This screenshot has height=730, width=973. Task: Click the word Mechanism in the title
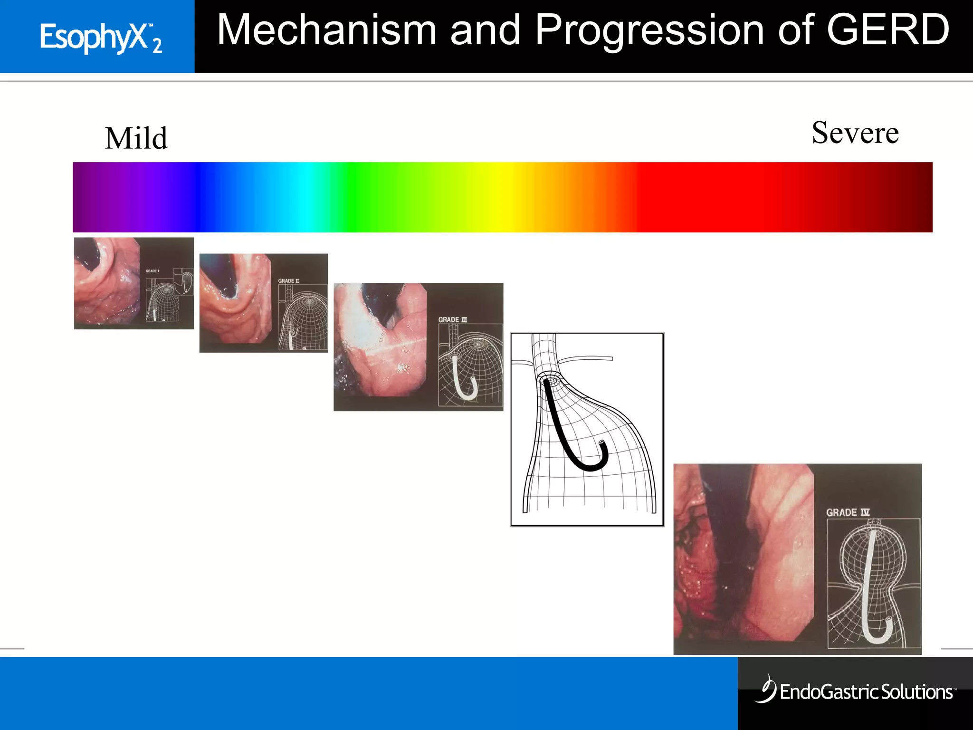coord(327,30)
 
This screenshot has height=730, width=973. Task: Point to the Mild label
coord(136,138)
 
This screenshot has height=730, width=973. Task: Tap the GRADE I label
coord(152,271)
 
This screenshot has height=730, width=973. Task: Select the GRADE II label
coord(288,281)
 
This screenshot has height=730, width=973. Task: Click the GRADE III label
coord(452,320)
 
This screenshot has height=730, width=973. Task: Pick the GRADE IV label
coord(848,512)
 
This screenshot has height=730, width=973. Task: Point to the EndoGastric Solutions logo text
coord(866,692)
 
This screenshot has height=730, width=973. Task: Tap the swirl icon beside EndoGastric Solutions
coord(766,689)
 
